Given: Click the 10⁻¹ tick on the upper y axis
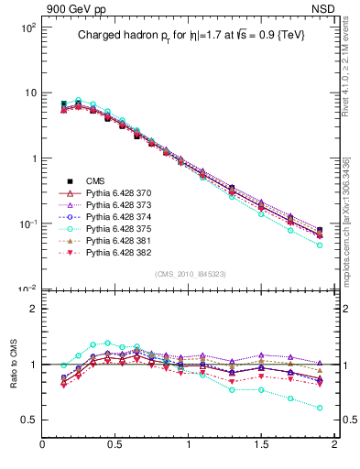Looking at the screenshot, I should coord(27,224).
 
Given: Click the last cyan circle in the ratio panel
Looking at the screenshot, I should coord(320,408).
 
